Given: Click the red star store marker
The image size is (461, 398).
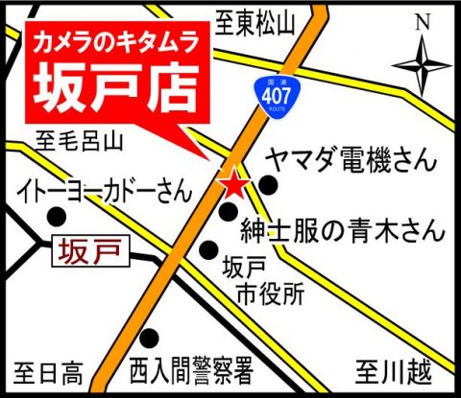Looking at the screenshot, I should (232, 182).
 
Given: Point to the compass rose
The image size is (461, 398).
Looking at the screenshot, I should (420, 65).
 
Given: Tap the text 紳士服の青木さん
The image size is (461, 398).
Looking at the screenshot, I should (342, 230).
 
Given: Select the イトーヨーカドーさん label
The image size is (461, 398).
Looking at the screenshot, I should (106, 193).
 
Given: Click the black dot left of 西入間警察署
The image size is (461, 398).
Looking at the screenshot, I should (149, 338).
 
